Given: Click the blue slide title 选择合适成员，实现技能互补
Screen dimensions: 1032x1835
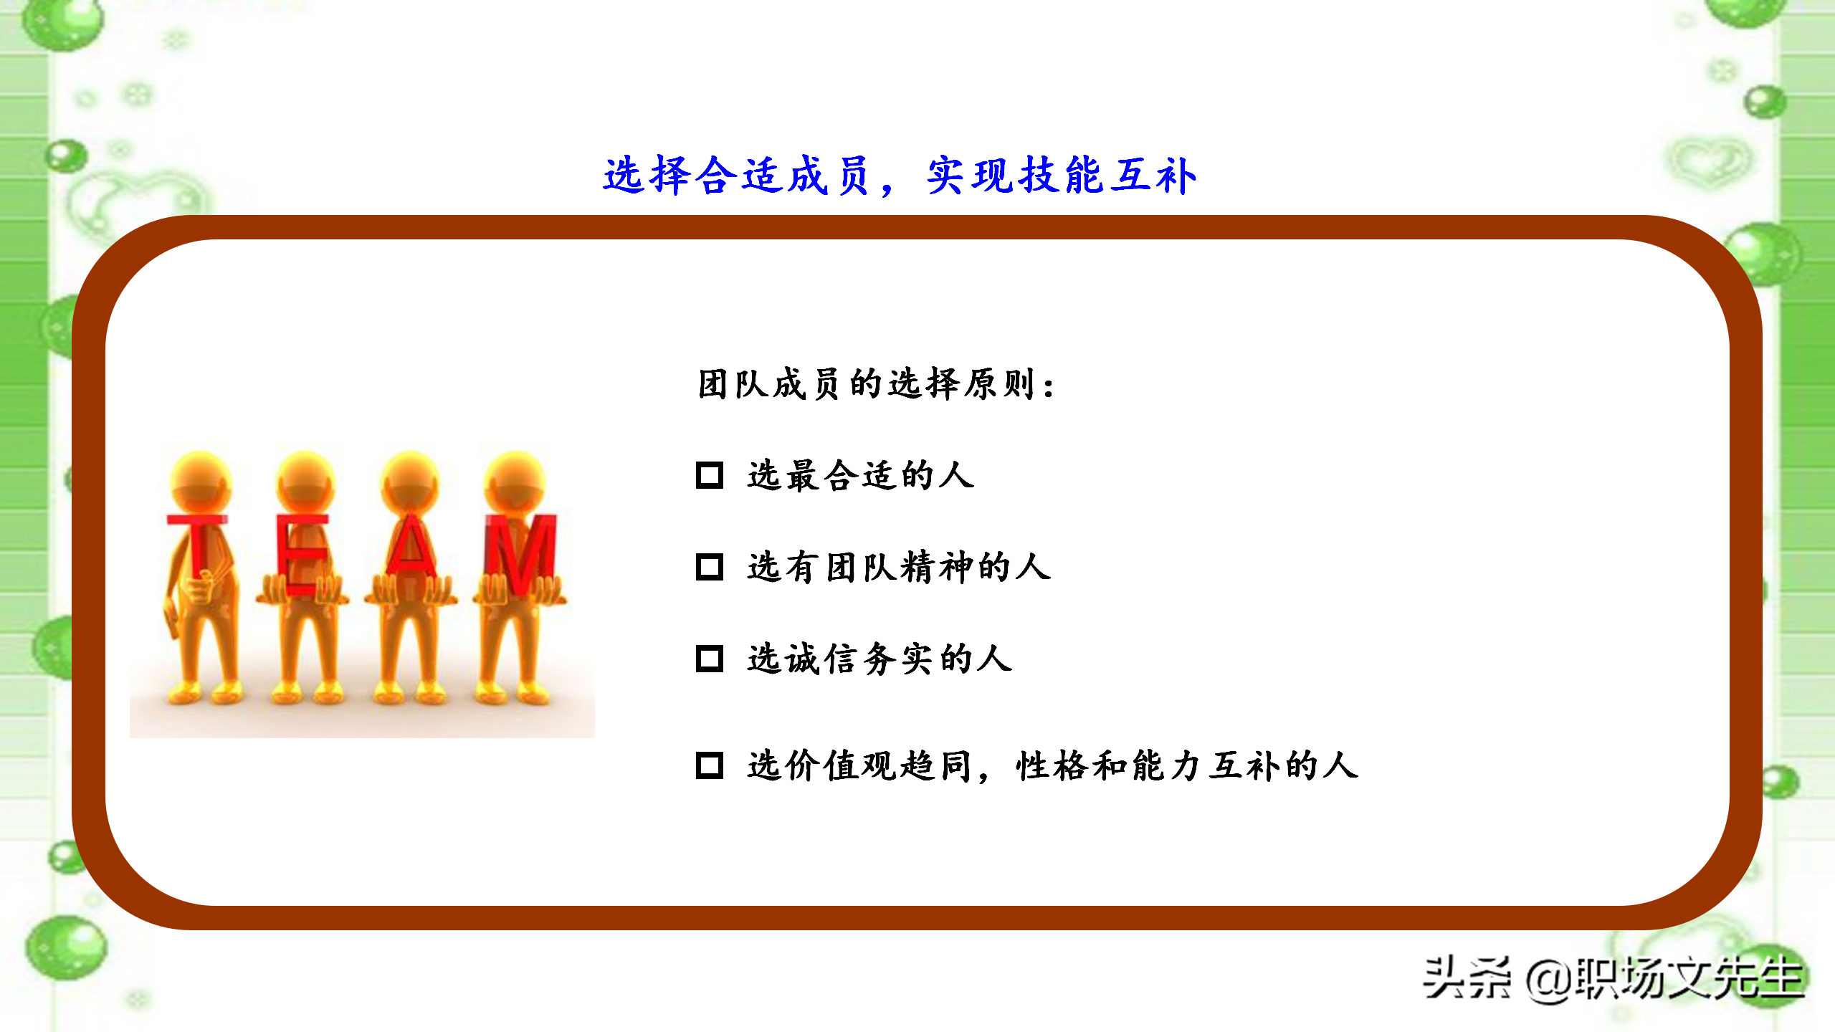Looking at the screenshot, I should coord(900,176).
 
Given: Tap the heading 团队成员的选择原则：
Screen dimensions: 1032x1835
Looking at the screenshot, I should coord(876,384).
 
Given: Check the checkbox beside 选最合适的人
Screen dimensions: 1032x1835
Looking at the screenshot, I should coord(710,475).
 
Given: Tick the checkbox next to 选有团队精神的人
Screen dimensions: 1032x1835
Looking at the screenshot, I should coord(710,567).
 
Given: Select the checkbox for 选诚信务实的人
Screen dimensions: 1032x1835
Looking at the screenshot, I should coord(710,659).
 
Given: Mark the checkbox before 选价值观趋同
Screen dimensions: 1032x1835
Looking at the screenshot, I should coord(710,765).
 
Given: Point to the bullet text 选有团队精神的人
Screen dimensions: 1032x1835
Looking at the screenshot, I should coord(899,568).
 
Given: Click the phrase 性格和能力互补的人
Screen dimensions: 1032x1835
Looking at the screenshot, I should coord(1187,765).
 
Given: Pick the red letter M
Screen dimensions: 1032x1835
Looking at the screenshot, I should coord(520,552).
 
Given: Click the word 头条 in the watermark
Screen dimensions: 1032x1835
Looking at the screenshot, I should coord(1467,978).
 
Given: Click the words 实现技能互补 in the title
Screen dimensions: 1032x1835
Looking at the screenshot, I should coord(1061,176).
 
